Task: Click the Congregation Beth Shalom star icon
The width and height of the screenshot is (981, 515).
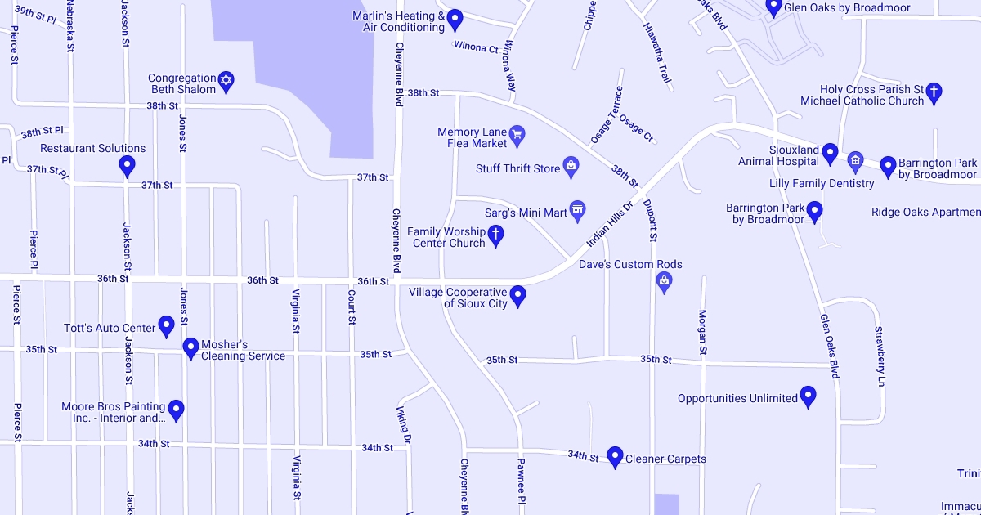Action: (x=227, y=83)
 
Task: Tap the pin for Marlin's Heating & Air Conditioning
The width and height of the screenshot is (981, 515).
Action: (x=455, y=20)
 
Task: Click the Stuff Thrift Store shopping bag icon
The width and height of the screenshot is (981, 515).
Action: (x=571, y=168)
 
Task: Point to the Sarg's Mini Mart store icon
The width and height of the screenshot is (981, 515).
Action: (x=578, y=212)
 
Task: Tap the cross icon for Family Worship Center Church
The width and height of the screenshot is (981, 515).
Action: (x=495, y=236)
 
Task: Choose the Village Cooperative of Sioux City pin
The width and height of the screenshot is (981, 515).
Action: (x=517, y=296)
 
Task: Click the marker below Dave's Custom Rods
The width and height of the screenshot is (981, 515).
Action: (x=664, y=283)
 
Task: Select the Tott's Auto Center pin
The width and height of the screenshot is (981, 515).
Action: (x=166, y=326)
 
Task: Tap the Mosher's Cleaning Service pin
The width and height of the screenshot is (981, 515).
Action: (x=190, y=348)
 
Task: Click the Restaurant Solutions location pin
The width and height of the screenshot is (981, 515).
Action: (x=127, y=166)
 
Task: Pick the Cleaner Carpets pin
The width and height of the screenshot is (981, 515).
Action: (x=615, y=457)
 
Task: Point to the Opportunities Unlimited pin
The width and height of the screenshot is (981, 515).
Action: (x=809, y=396)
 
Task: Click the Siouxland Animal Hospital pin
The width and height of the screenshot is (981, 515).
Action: (x=830, y=153)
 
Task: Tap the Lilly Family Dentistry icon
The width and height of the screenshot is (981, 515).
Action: (x=855, y=160)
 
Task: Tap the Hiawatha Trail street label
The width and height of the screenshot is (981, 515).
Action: (x=657, y=53)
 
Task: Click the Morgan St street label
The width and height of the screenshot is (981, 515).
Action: (x=702, y=332)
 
